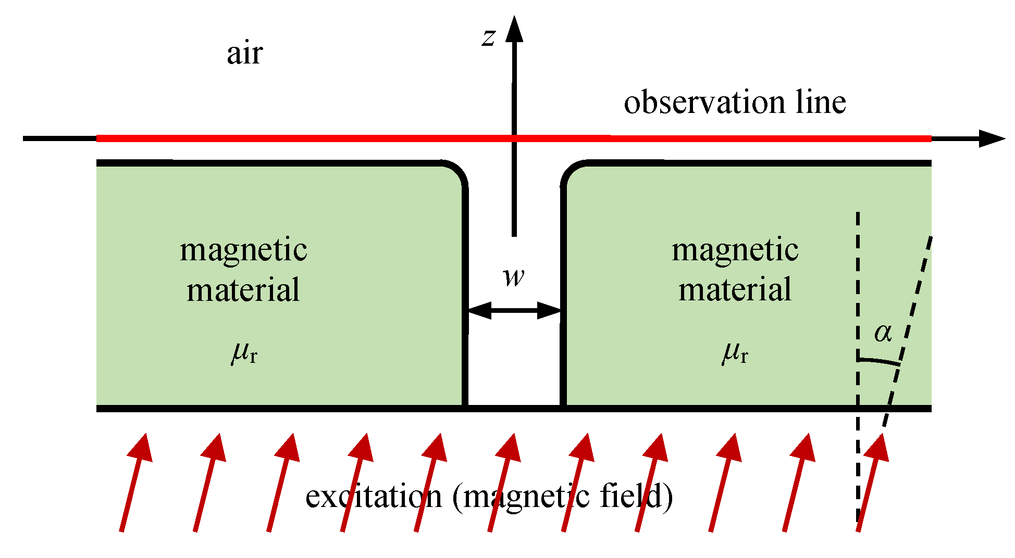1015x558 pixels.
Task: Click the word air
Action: click(x=244, y=53)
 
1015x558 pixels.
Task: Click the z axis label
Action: click(x=488, y=38)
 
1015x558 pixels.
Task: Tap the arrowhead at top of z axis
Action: click(x=514, y=29)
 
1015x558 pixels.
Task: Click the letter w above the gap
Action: click(x=514, y=276)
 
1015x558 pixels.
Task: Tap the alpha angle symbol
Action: click(x=883, y=332)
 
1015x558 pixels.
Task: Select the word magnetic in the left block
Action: click(x=243, y=250)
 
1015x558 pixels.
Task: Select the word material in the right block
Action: click(x=735, y=290)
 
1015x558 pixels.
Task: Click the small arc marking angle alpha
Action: click(x=879, y=361)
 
